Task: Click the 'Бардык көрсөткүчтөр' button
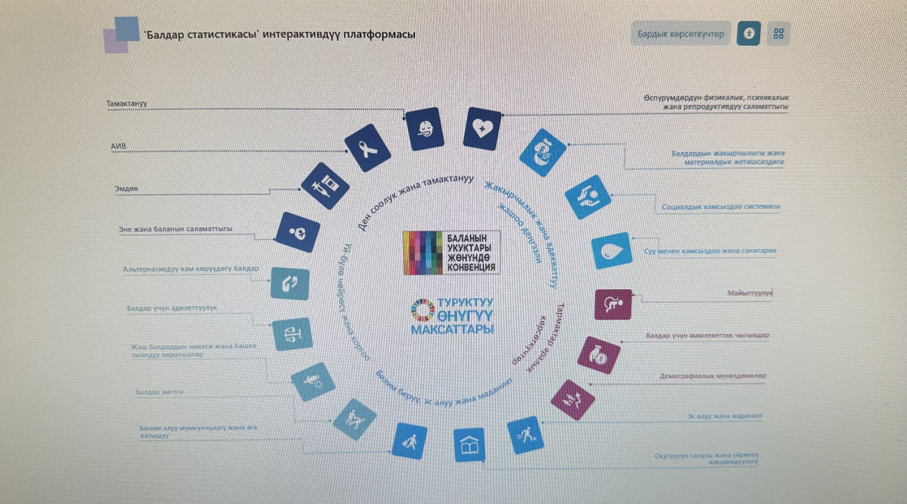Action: click(681, 34)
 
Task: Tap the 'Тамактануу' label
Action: click(127, 104)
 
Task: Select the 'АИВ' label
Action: click(118, 146)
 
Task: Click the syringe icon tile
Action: click(325, 186)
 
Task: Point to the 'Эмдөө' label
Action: click(126, 189)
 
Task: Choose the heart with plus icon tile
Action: click(482, 129)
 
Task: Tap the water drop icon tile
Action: click(611, 250)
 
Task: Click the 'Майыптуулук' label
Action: click(749, 293)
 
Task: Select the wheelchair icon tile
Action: click(613, 304)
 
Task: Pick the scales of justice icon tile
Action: click(292, 334)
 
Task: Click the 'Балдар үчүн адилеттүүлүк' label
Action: click(172, 308)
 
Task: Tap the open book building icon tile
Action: click(469, 445)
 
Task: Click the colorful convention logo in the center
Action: click(451, 253)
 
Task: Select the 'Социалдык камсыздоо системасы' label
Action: click(720, 207)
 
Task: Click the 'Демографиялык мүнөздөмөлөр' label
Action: click(712, 376)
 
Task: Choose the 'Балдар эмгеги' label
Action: click(159, 392)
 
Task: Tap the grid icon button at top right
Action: click(778, 34)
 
